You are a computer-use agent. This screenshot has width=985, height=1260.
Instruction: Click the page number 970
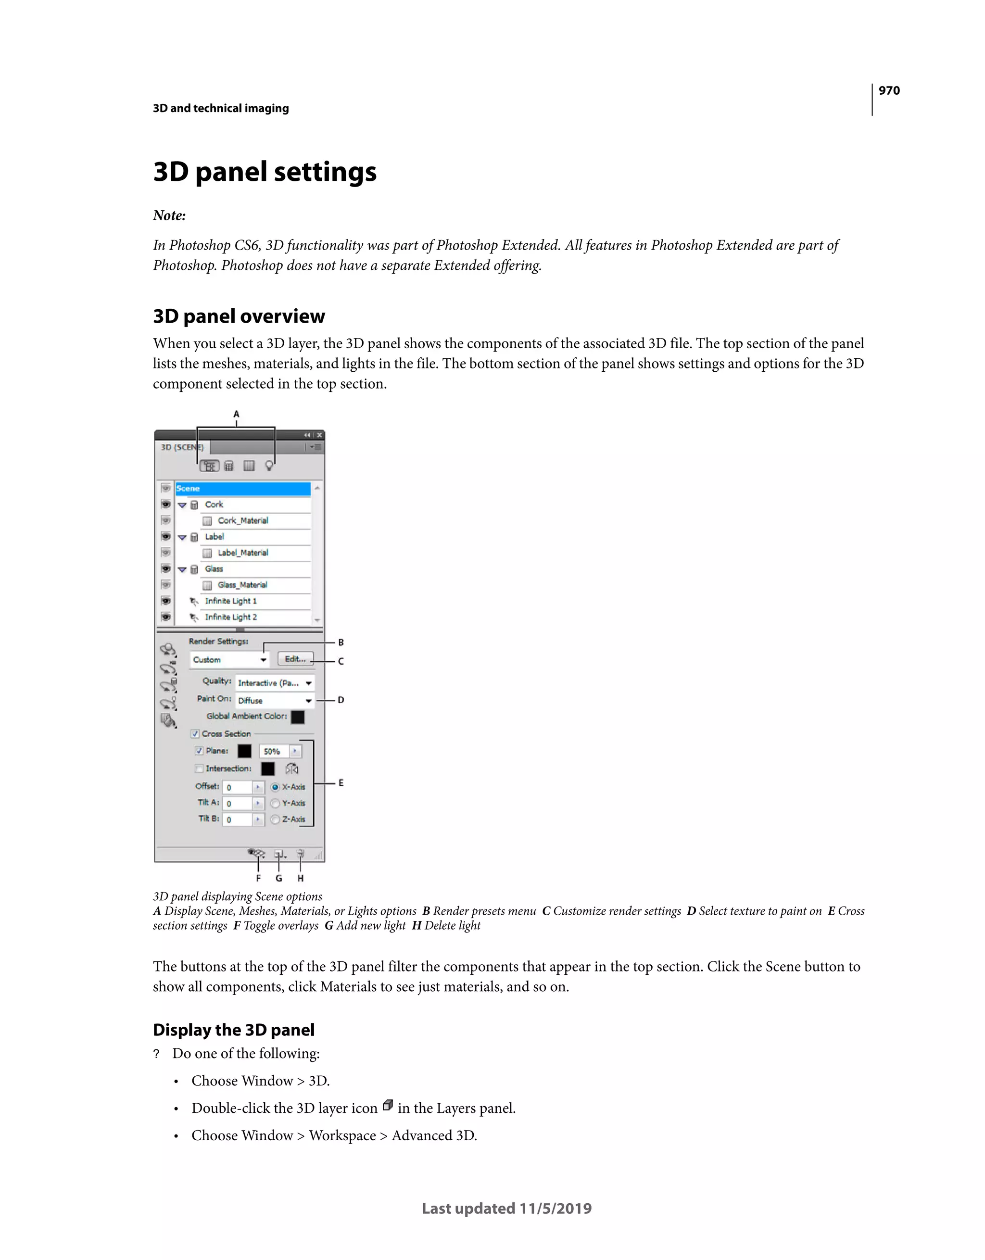click(x=889, y=90)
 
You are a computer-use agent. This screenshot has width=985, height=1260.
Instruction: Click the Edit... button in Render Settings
click(x=295, y=659)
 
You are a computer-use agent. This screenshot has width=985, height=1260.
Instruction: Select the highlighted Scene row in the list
click(x=242, y=488)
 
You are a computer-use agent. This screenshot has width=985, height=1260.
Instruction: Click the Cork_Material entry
click(x=242, y=520)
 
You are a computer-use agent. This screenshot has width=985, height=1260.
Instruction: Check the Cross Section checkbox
click(x=195, y=734)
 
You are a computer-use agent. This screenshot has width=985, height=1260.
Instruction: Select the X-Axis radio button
click(x=275, y=787)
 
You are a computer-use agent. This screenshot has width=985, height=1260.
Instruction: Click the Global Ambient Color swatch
click(x=298, y=717)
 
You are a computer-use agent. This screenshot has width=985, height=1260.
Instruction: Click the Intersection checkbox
click(x=199, y=769)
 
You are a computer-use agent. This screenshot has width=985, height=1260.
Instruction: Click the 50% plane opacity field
click(x=274, y=751)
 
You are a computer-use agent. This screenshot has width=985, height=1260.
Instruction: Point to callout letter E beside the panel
click(x=341, y=783)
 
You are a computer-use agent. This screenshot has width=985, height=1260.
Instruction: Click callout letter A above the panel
click(x=236, y=414)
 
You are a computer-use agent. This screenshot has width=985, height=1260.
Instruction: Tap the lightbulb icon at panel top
click(x=269, y=466)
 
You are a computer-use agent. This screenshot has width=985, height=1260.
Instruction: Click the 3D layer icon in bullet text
click(x=388, y=1105)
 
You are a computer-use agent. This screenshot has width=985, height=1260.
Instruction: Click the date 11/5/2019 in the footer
click(x=555, y=1208)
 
